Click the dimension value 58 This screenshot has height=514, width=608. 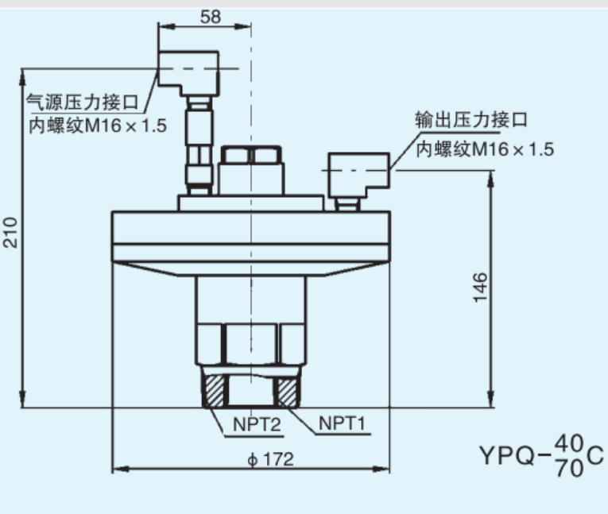click(x=211, y=17)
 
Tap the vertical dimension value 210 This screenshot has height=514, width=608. click(x=10, y=232)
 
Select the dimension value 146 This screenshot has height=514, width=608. click(x=480, y=288)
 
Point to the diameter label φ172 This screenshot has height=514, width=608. click(x=271, y=459)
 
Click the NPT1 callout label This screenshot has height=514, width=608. click(x=342, y=423)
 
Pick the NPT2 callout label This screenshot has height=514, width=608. click(x=256, y=424)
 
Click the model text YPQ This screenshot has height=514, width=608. click(x=508, y=455)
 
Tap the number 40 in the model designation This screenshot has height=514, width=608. click(x=569, y=443)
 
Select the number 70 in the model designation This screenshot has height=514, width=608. click(x=569, y=468)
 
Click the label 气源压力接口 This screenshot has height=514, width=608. click(x=82, y=102)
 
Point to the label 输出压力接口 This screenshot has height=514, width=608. click(x=471, y=119)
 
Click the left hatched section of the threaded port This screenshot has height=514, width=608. click(x=215, y=391)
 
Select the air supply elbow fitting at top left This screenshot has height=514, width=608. click(x=188, y=73)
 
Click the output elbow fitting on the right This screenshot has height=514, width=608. click(x=358, y=176)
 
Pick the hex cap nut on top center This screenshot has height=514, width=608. click(x=251, y=154)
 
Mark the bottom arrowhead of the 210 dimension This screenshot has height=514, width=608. click(x=22, y=400)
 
